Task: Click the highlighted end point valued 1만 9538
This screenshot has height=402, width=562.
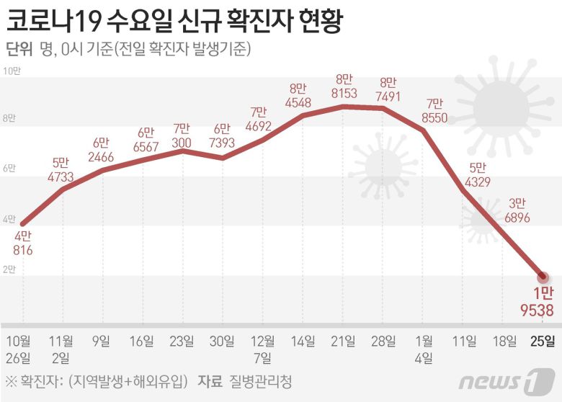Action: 543,277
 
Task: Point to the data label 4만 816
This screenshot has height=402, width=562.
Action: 22,244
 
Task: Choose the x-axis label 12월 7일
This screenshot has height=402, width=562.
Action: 262,348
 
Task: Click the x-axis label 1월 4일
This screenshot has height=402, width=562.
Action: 424,348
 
